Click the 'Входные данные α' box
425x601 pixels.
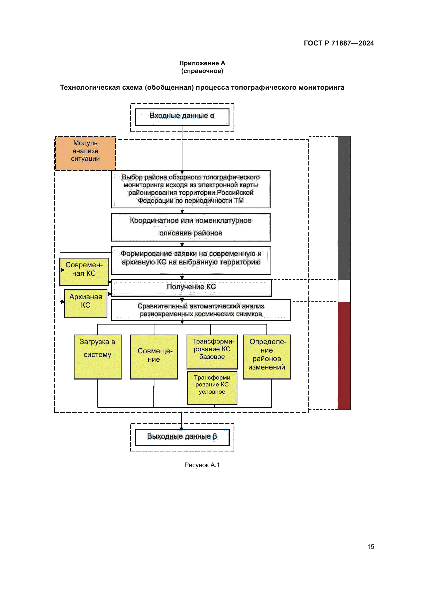pyautogui.click(x=182, y=117)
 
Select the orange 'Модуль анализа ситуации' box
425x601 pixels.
pyautogui.click(x=85, y=153)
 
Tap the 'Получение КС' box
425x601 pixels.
pyautogui.click(x=191, y=288)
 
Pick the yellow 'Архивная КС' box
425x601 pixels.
pyautogui.click(x=86, y=303)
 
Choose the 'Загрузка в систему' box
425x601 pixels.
pyautogui.click(x=97, y=357)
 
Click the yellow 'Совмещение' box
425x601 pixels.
pyautogui.click(x=154, y=357)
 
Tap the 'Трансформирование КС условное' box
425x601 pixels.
pyautogui.click(x=212, y=387)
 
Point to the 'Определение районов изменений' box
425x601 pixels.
pyautogui.click(x=266, y=357)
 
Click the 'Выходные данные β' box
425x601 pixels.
pyautogui.click(x=182, y=437)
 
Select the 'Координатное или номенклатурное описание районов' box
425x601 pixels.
pyautogui.click(x=191, y=227)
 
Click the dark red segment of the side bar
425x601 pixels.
pyautogui.click(x=344, y=355)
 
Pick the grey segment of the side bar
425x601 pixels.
pyautogui.click(x=344, y=208)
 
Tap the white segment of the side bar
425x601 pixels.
pyautogui.click(x=344, y=291)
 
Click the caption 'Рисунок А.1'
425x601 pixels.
pyautogui.click(x=202, y=465)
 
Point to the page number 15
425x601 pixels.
pyautogui.click(x=370, y=547)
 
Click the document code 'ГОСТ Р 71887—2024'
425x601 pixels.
pyautogui.click(x=339, y=43)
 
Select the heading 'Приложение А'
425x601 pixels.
pyautogui.click(x=202, y=63)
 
